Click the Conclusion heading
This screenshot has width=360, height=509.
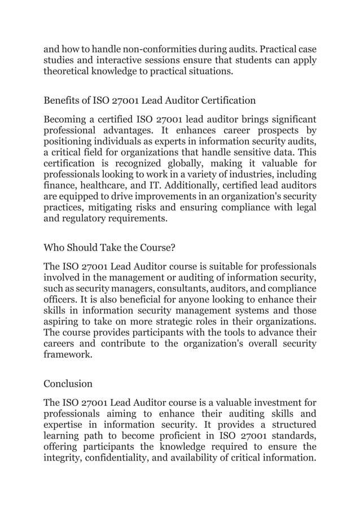[x=68, y=384]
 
